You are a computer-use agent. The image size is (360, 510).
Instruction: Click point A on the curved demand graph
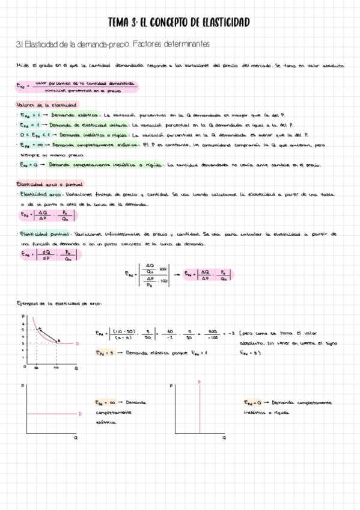[40, 328]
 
